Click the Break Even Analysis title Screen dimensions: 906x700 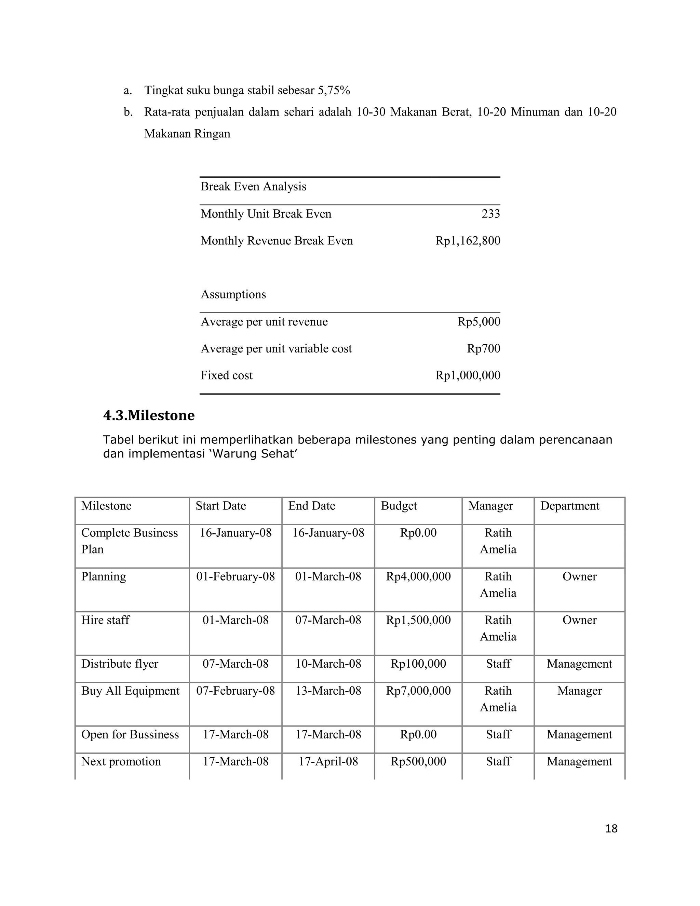(253, 187)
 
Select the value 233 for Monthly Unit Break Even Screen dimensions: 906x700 (490, 214)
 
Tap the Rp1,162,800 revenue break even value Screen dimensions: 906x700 (468, 241)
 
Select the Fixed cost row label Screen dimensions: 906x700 (226, 375)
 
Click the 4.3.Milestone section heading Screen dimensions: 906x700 (149, 415)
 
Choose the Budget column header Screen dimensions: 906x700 (399, 506)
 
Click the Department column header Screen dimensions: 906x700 (570, 506)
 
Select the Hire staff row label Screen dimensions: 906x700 (105, 620)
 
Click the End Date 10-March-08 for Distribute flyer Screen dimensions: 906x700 (328, 663)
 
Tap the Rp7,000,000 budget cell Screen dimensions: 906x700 (418, 691)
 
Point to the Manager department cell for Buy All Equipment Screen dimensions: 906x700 (579, 691)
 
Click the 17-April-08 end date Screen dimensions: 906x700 (328, 761)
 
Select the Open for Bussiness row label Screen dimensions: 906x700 (130, 734)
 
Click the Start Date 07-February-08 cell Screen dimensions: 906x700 (235, 691)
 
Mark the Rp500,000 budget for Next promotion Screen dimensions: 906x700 (418, 761)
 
